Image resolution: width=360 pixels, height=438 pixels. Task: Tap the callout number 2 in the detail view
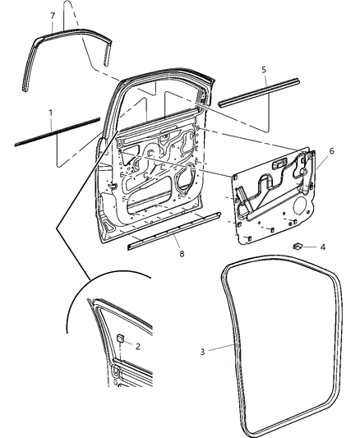tap(138, 346)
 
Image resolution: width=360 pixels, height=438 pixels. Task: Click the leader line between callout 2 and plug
tap(129, 343)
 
